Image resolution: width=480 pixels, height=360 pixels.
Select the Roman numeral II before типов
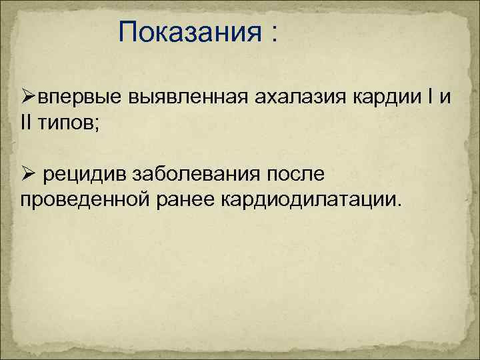pyautogui.click(x=26, y=123)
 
